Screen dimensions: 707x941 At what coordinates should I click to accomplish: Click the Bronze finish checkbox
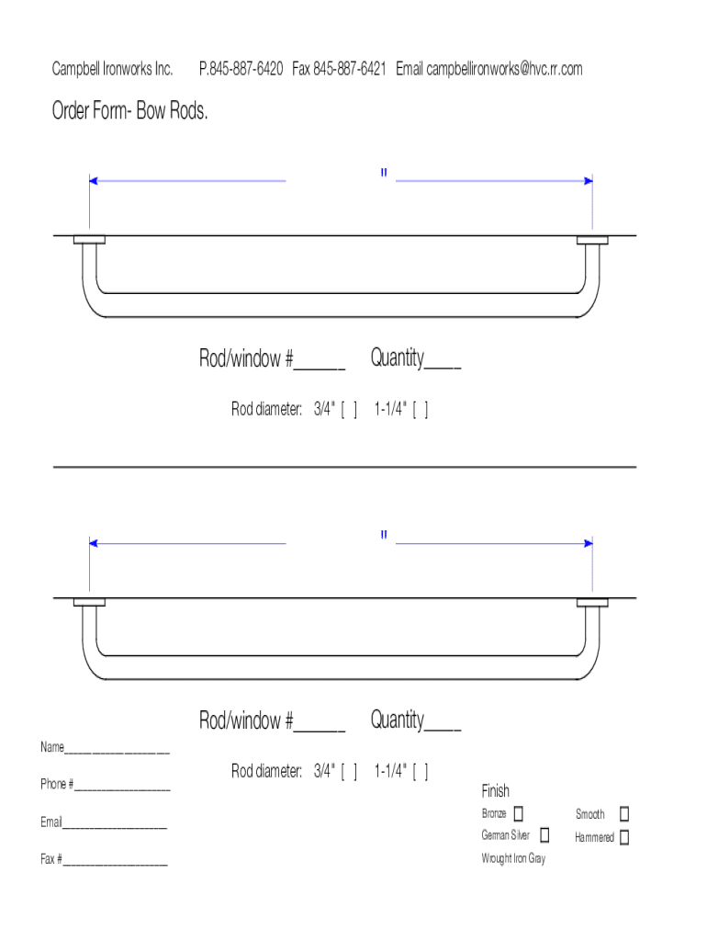[519, 813]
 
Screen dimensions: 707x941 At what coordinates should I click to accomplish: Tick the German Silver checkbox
[544, 834]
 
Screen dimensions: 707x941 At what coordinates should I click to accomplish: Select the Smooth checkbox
[624, 813]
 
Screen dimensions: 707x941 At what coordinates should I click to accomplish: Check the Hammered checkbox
[624, 836]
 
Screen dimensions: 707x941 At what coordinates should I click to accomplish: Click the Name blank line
[117, 752]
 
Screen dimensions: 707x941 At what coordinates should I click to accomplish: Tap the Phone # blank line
[122, 789]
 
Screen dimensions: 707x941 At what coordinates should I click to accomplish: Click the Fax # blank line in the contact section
[116, 864]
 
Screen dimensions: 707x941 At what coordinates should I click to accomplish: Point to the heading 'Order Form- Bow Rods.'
[129, 110]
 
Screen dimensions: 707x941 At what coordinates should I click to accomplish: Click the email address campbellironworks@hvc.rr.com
[504, 69]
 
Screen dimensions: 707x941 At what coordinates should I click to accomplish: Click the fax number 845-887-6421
[350, 68]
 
